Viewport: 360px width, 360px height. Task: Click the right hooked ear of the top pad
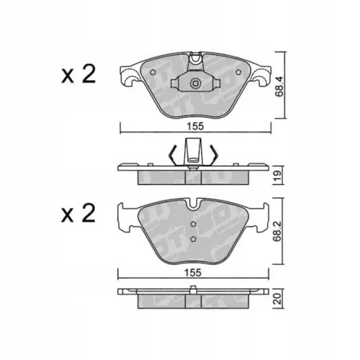(258, 75)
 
